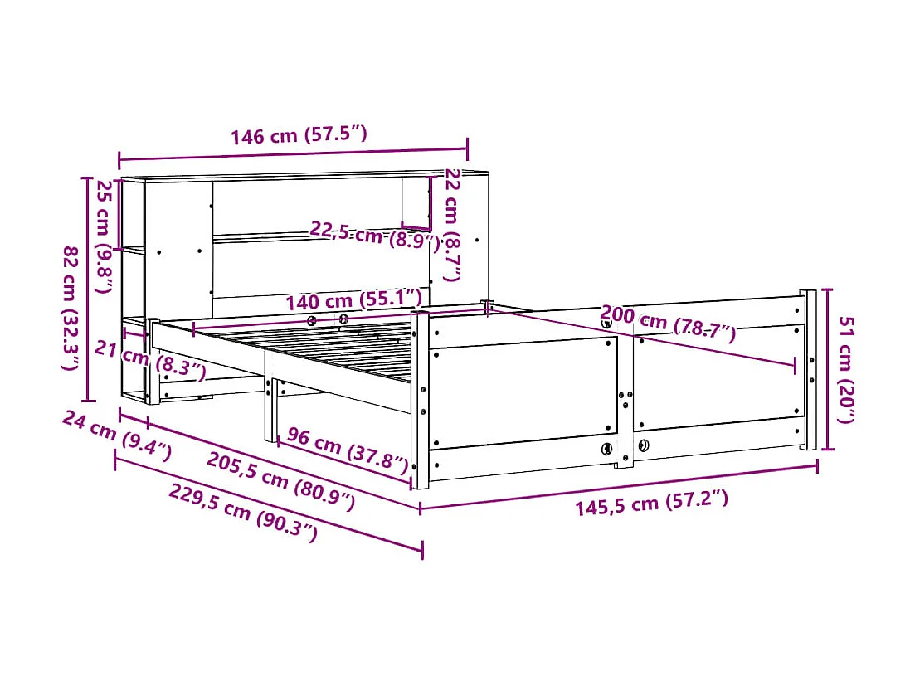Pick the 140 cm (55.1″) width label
click(354, 300)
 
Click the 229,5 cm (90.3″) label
click(242, 512)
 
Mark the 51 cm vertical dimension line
click(825, 369)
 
